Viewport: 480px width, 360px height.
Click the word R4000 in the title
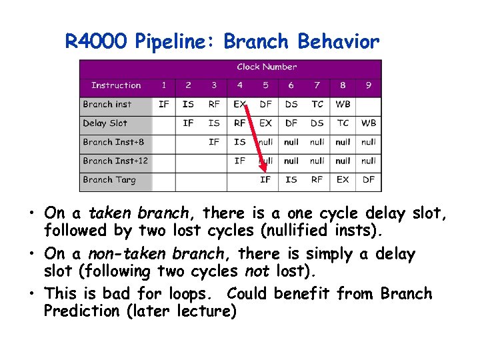point(97,42)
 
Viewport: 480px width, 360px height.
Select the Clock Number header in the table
point(267,67)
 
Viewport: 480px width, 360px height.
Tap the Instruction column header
point(116,85)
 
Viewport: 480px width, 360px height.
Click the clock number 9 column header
point(369,85)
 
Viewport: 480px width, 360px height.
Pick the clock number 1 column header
point(163,85)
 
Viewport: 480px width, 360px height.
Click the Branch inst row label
point(107,104)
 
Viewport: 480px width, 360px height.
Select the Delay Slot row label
point(105,123)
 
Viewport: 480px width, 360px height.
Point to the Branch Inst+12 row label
point(115,161)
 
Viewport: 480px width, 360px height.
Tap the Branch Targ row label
point(109,179)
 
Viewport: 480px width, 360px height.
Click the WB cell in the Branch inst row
point(343,104)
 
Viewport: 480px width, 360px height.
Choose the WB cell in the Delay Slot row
point(369,123)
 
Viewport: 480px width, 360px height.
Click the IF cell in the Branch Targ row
point(265,179)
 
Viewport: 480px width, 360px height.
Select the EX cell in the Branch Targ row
point(343,179)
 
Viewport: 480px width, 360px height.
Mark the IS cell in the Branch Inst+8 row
point(240,142)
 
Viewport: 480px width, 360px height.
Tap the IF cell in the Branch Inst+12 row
point(240,161)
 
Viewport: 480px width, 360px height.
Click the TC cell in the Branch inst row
point(317,104)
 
